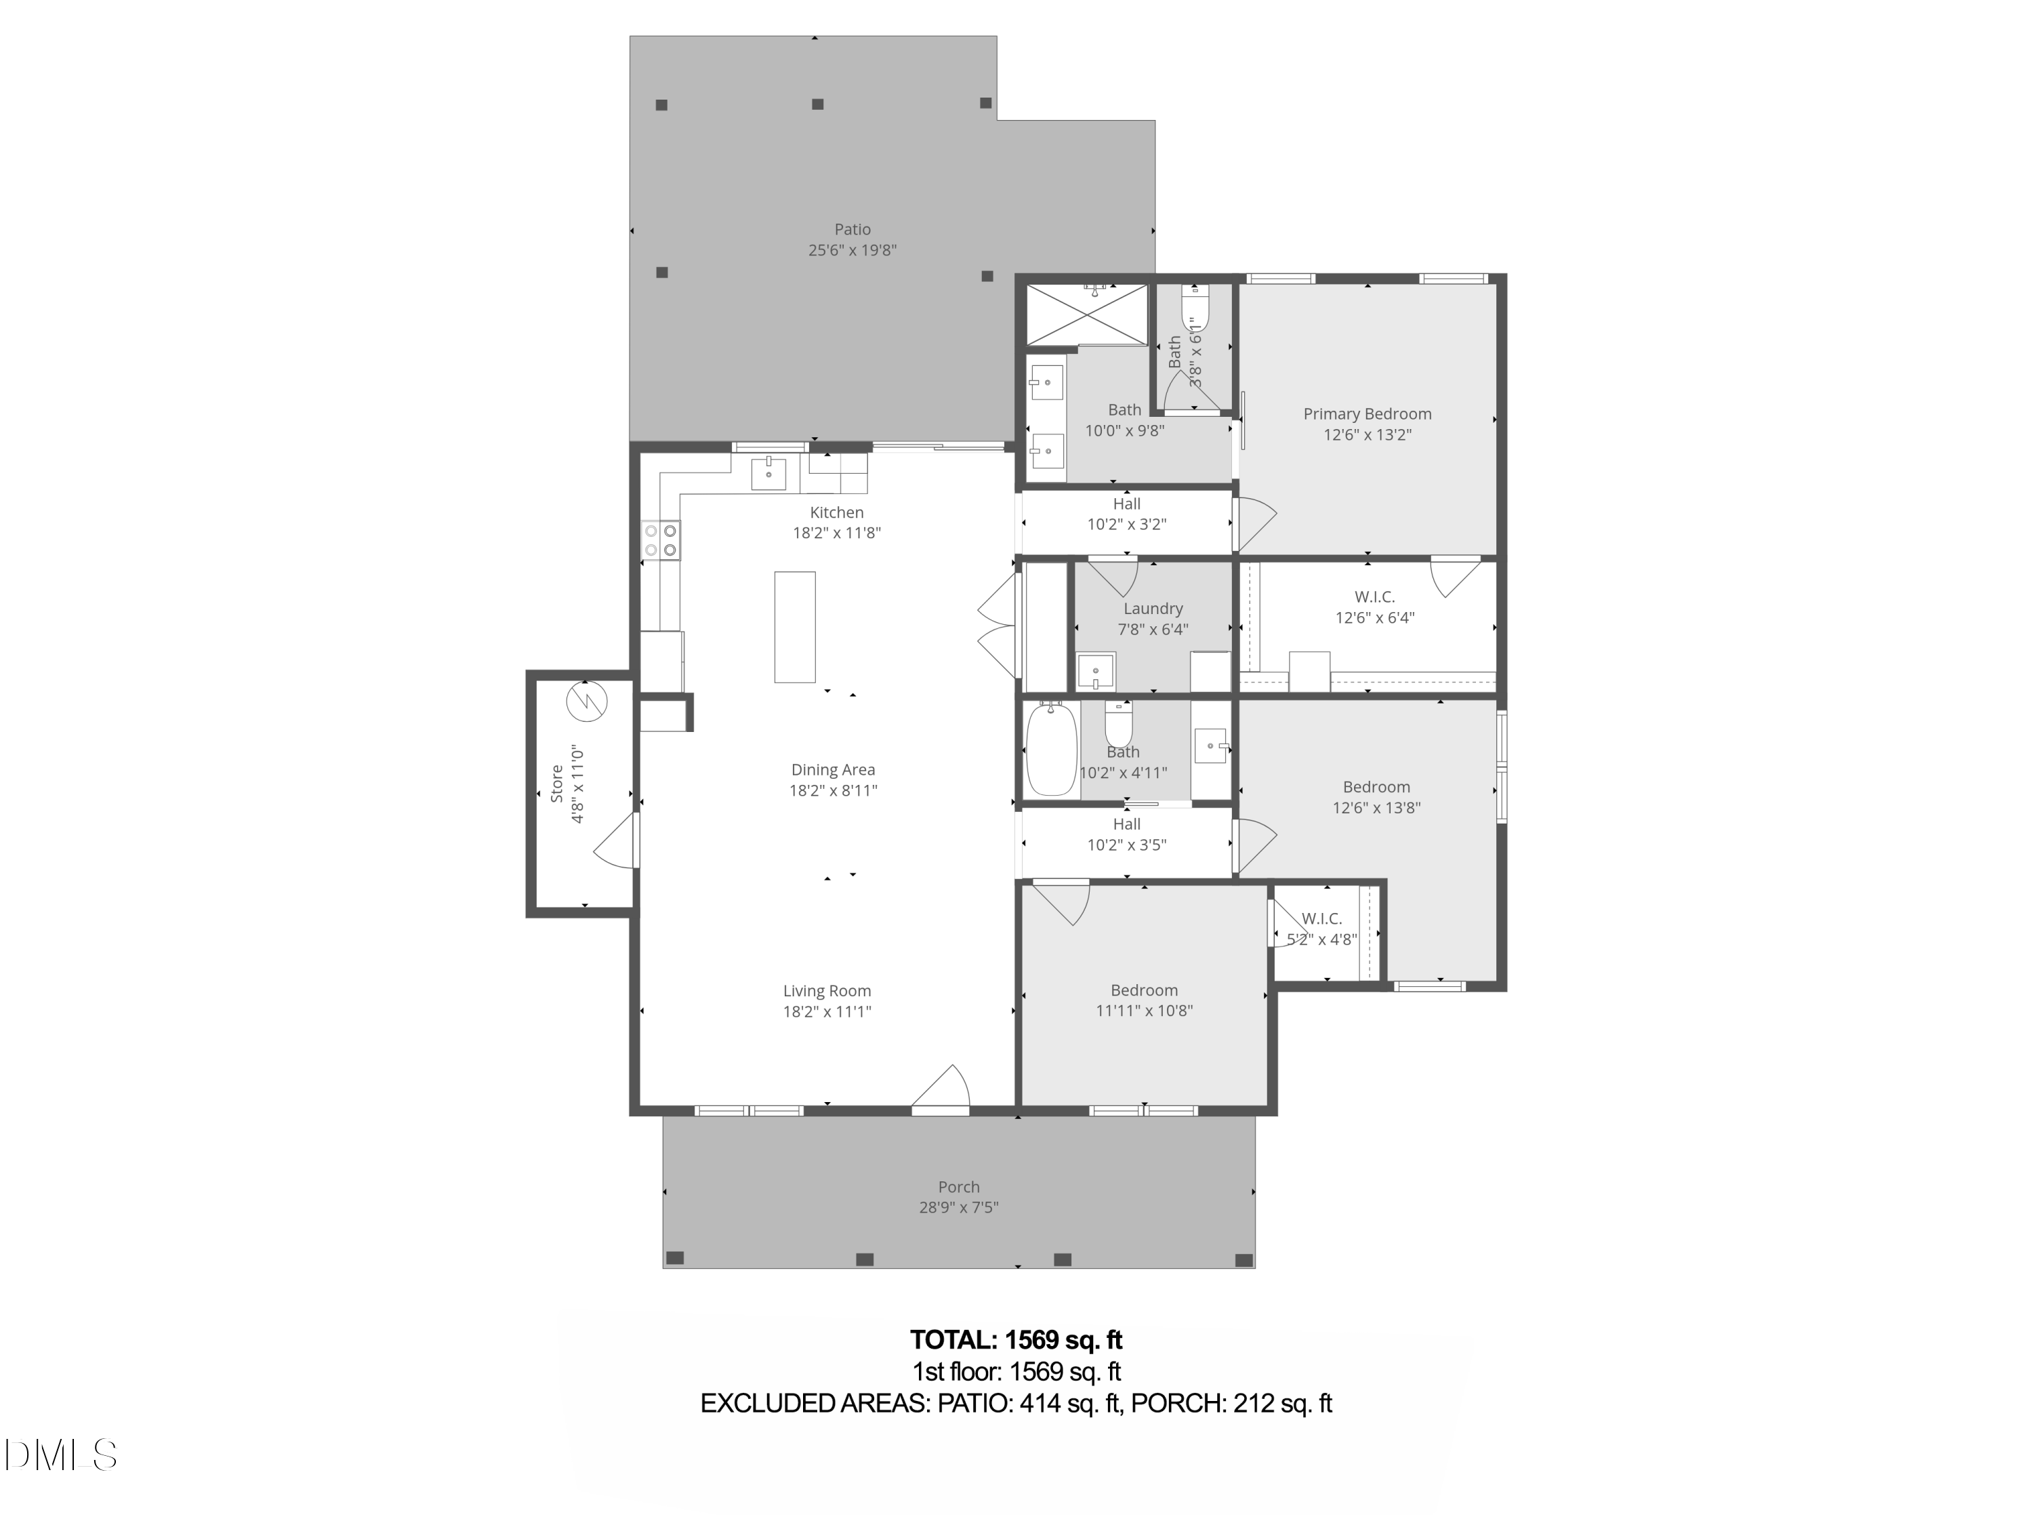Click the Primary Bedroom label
tap(1367, 413)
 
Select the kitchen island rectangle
tap(795, 627)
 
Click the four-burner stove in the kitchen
tap(661, 540)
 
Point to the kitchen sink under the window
tap(769, 474)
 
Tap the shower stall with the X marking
tap(1087, 315)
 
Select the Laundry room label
tap(1153, 609)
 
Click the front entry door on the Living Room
tap(941, 1089)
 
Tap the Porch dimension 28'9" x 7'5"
tap(959, 1208)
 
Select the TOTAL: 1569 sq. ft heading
tap(1016, 1339)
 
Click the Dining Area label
tap(833, 771)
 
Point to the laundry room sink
tap(1096, 671)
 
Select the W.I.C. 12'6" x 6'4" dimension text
tap(1374, 617)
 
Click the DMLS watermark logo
tap(61, 1455)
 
